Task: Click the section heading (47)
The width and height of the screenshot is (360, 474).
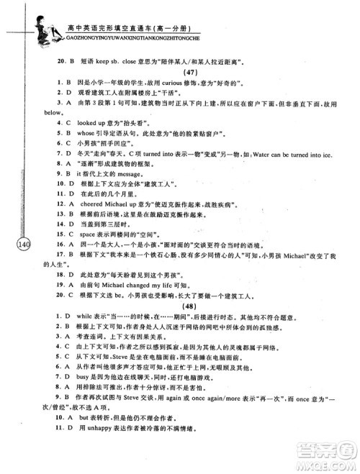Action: pos(191,73)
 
